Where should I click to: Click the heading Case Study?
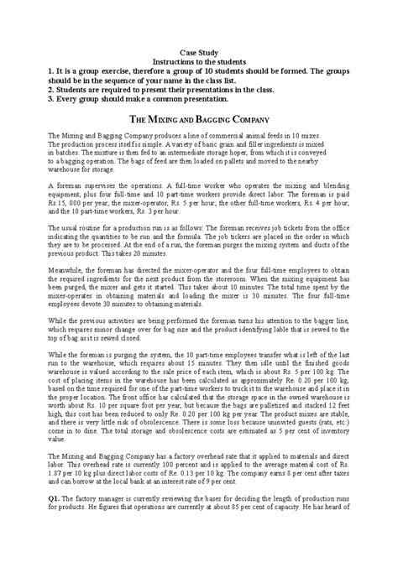click(x=199, y=52)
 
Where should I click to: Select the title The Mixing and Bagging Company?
click(x=199, y=121)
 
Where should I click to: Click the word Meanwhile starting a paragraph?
click(x=66, y=271)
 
